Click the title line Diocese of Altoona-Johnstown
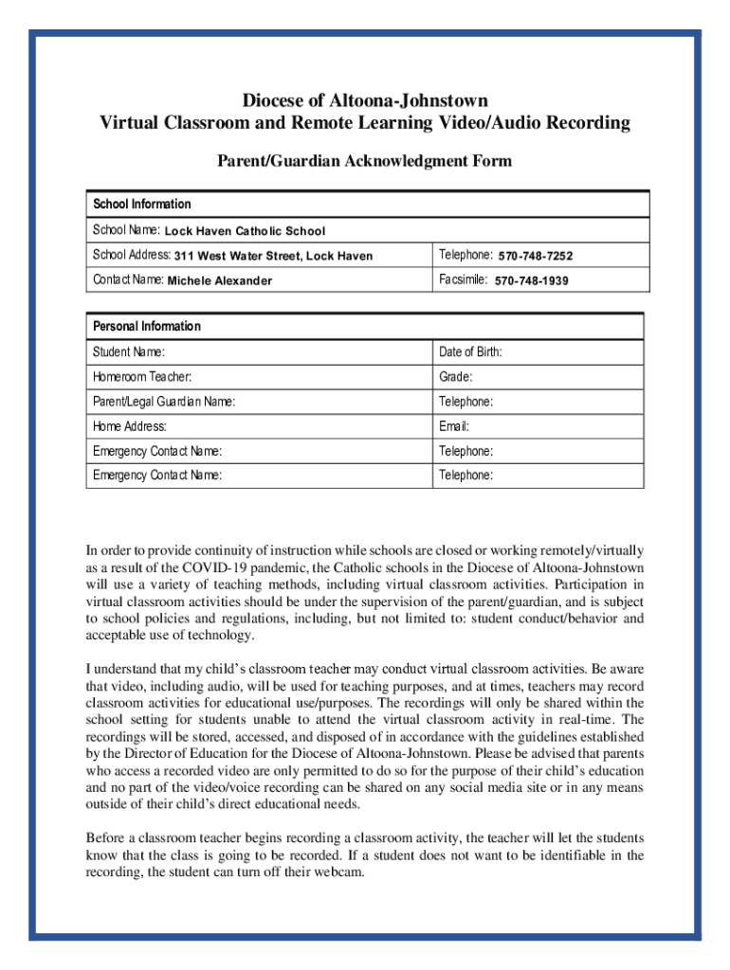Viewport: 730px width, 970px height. (365, 99)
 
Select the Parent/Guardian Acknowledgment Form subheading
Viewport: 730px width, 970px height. (365, 161)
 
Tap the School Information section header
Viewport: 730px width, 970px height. (142, 205)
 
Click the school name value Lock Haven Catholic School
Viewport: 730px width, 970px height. (245, 231)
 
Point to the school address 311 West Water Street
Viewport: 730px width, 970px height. (273, 256)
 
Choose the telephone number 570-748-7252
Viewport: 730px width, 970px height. (536, 256)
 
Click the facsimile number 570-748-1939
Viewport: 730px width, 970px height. (532, 281)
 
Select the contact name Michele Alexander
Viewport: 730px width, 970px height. (220, 281)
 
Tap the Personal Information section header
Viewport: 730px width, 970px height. (147, 327)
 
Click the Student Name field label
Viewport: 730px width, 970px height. (129, 352)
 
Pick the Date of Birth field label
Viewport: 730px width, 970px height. (470, 352)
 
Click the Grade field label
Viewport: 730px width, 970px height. (456, 377)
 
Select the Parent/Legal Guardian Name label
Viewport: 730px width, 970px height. (164, 402)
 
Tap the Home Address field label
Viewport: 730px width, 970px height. (130, 426)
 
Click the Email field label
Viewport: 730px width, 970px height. (454, 426)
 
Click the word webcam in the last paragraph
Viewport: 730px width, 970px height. (339, 872)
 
